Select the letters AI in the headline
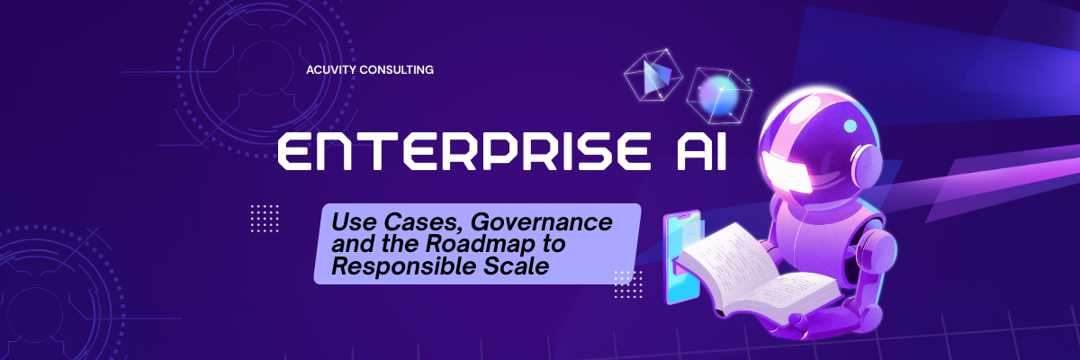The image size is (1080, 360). coord(701,152)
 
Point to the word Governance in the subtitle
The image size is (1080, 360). coord(541,222)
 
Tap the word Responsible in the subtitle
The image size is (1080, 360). coord(404,266)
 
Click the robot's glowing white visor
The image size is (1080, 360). coord(787,172)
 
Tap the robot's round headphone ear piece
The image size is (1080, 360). coord(867,163)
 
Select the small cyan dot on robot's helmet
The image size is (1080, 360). coord(850,126)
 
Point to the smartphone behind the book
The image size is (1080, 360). coord(681,257)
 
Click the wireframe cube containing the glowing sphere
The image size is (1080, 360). coord(719,95)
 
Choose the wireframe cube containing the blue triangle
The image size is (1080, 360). coord(652,77)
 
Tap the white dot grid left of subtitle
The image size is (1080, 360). coord(265,219)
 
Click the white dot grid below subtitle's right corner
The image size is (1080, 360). coord(628,284)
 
